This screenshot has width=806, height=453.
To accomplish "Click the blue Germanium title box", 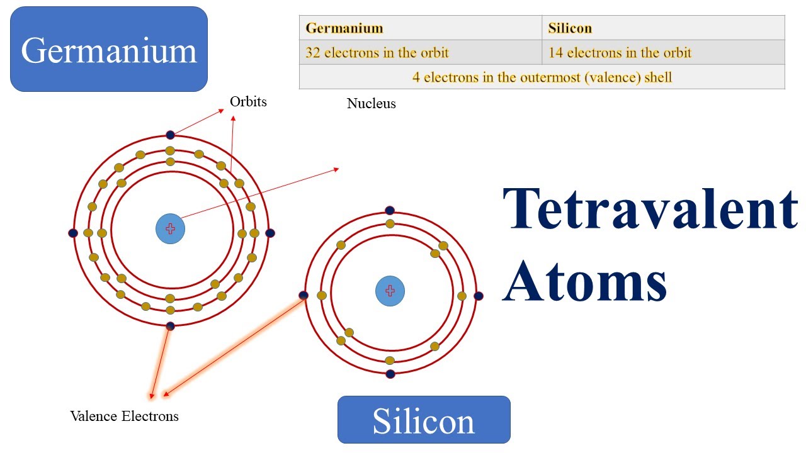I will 109,49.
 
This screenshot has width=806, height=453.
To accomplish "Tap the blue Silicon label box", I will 424,420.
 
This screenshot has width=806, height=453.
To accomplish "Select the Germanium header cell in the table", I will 420,28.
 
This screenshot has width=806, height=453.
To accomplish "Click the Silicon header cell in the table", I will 663,28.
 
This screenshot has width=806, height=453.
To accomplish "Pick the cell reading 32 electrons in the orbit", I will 420,52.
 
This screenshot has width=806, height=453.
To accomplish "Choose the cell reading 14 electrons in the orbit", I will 663,52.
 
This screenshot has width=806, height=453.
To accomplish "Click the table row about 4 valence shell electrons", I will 542,77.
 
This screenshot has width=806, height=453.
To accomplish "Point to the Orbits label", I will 248,101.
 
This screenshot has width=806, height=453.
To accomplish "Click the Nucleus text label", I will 372,104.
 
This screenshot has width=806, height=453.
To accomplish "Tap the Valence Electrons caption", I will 124,416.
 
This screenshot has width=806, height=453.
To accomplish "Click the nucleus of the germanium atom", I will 170,229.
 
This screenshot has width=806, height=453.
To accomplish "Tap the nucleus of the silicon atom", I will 390,291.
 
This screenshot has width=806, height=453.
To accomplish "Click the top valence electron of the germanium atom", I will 170,135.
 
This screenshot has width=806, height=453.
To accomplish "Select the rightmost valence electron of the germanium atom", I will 270,233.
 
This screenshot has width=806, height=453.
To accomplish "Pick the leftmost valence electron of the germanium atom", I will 72,233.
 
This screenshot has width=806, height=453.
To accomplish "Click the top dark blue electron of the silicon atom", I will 390,210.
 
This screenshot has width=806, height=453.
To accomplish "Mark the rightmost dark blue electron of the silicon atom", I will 478,296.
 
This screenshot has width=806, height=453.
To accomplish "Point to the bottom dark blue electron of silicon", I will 390,374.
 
